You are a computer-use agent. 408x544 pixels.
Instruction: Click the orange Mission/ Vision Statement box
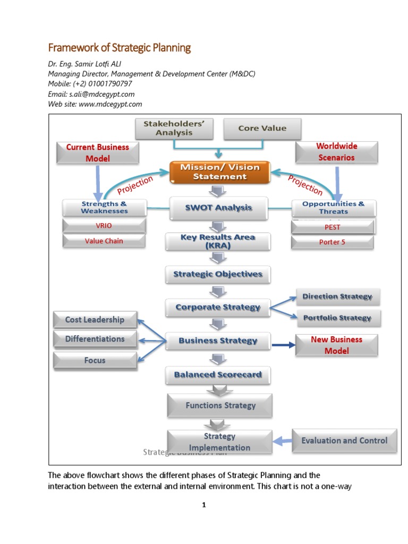pos(220,172)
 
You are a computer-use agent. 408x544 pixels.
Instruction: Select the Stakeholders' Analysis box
pos(174,129)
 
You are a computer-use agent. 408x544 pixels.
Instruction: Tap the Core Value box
pos(262,129)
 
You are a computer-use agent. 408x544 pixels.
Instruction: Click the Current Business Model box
pos(98,152)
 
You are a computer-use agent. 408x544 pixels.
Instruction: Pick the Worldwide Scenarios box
pos(336,152)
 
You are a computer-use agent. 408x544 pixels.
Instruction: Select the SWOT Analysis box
pos(219,208)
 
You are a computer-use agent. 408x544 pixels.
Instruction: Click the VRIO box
pos(104,226)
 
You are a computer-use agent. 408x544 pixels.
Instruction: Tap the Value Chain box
pos(104,241)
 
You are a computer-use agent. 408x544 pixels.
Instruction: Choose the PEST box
pos(333,227)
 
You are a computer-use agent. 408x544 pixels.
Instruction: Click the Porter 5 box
pos(333,242)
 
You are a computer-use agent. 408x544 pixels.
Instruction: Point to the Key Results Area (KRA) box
pos(218,242)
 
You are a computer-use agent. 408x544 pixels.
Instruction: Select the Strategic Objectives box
pos(218,274)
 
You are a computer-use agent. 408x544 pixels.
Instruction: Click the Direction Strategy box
pos(337,296)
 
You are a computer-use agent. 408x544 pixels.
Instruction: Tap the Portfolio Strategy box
pos(337,318)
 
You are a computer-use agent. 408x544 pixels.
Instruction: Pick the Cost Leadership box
pos(95,320)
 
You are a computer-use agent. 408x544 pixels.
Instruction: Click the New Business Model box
pos(336,345)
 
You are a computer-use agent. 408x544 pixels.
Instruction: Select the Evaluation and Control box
pos(344,440)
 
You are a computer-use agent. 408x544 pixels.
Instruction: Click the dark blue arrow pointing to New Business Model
pos(283,345)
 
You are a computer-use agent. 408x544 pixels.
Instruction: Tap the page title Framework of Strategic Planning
pos(119,48)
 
